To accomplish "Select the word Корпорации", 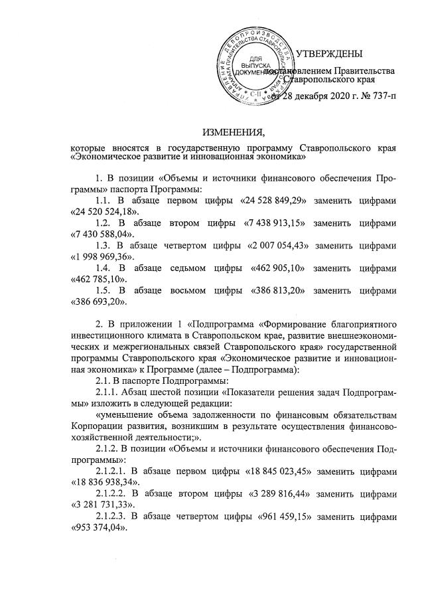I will [x=98, y=426].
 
